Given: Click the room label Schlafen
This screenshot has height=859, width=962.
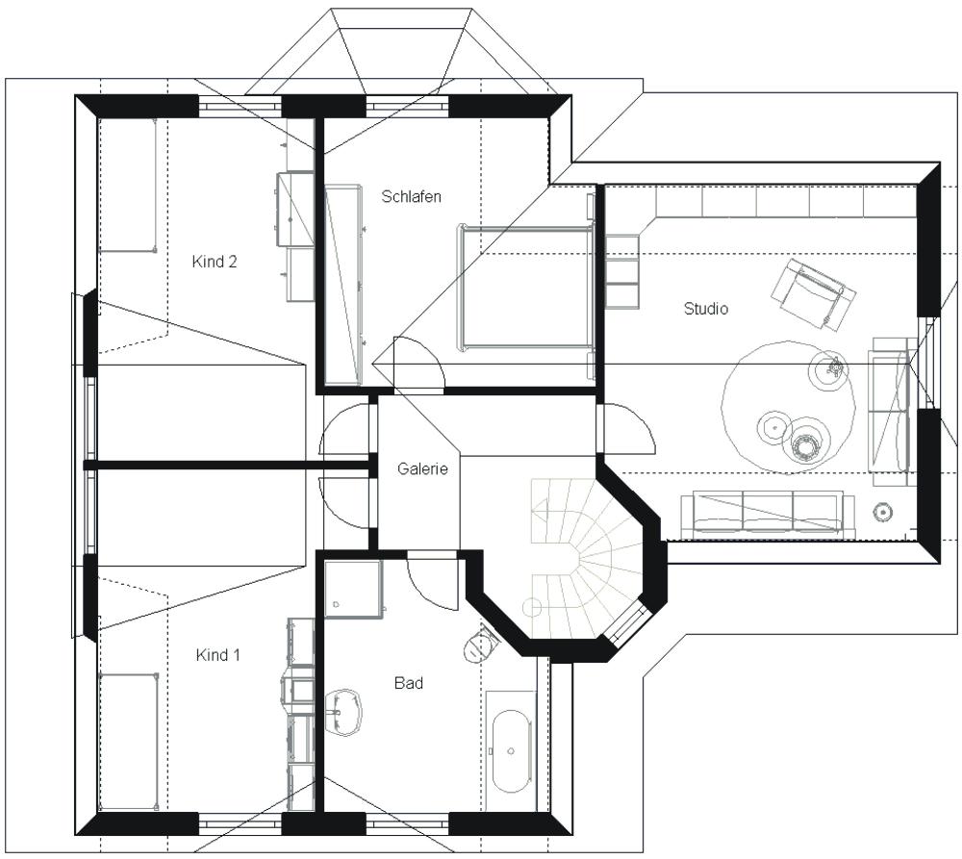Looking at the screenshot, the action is [x=411, y=196].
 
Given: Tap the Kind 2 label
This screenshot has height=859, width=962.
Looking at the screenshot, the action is [x=215, y=262].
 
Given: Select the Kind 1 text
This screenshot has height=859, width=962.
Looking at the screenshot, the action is [x=217, y=655].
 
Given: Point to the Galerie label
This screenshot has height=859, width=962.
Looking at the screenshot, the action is [x=422, y=468].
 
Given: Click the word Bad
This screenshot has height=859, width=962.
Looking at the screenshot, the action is [x=409, y=683].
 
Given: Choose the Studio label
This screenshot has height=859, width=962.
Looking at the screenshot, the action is [x=705, y=308].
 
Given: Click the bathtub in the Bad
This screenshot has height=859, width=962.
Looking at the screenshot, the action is [x=511, y=752].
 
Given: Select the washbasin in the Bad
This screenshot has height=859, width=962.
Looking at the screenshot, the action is [x=343, y=713].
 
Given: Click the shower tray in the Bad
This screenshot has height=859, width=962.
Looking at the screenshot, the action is [x=353, y=589].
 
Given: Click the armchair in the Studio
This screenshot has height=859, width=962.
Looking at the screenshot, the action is [x=814, y=293].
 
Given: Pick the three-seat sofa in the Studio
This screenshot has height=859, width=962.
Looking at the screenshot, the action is [x=768, y=512].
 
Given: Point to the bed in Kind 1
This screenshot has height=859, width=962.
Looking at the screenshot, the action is [x=128, y=743].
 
